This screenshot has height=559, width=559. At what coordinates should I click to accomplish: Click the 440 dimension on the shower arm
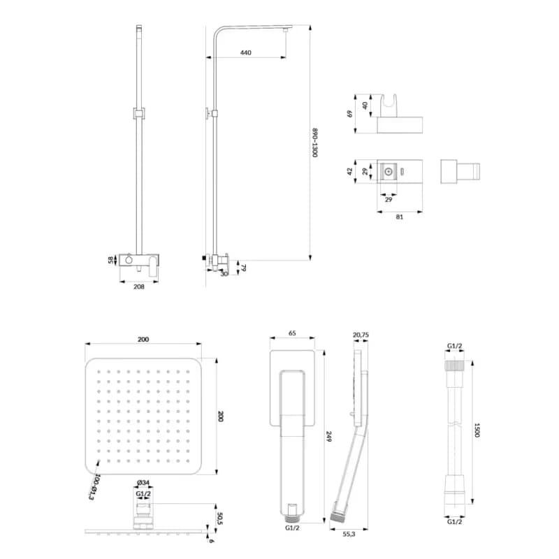tap(246, 53)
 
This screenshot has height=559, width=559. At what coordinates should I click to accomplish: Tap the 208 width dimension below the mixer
tap(138, 286)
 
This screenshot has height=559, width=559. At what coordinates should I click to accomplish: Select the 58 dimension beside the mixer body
tap(111, 260)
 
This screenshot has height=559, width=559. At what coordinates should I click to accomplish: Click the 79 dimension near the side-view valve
tap(244, 268)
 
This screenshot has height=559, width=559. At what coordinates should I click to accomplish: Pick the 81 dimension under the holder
tap(400, 217)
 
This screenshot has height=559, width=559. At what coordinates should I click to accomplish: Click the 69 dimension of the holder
tap(350, 114)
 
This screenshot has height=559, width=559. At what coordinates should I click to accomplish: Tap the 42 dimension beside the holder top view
tap(350, 171)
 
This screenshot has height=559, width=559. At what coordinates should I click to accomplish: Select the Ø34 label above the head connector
tap(143, 483)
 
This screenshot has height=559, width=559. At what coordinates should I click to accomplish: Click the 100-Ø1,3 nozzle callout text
tap(94, 487)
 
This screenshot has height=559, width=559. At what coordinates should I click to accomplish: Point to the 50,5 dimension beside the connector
tap(220, 518)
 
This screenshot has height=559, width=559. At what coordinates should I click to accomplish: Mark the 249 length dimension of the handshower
tap(329, 437)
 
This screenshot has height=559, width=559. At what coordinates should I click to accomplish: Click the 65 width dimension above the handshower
tap(292, 333)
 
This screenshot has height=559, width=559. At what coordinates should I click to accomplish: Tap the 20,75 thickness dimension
tap(361, 335)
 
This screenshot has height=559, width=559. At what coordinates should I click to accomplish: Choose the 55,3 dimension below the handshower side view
tap(349, 534)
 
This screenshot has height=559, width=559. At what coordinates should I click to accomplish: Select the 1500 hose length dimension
tap(477, 430)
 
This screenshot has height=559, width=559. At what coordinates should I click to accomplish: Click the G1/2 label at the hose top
tap(455, 346)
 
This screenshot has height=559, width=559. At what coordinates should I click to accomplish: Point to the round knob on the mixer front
tap(129, 260)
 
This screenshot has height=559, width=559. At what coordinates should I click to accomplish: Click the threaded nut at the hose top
tap(455, 365)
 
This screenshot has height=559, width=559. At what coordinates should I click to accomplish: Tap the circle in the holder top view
tap(389, 172)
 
